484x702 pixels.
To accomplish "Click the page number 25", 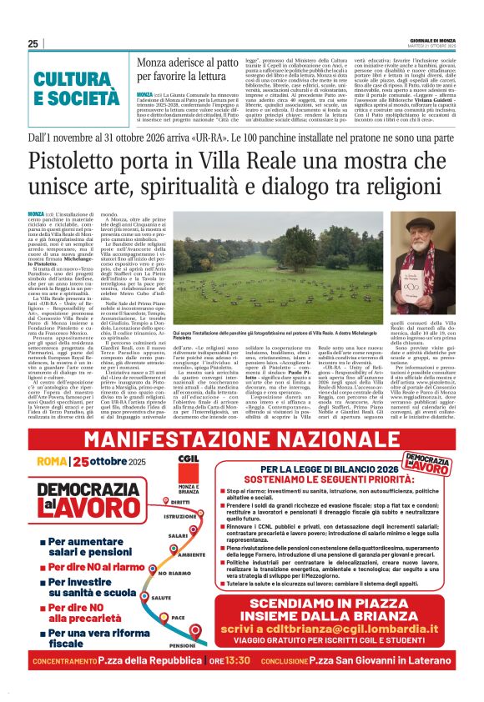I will (33, 43).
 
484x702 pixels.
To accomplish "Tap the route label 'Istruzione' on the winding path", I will (184, 516).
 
